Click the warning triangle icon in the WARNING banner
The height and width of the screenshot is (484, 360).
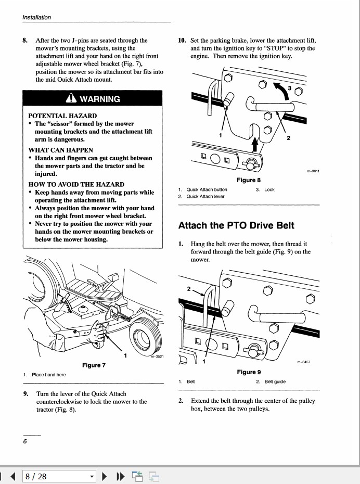pyautogui.click(x=71, y=99)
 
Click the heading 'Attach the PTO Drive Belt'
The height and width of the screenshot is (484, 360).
pyautogui.click(x=236, y=225)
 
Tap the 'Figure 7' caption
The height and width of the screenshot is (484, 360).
pyautogui.click(x=94, y=365)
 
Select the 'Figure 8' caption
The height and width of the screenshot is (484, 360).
pyautogui.click(x=249, y=180)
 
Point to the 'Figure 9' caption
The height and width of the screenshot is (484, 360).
pyautogui.click(x=249, y=372)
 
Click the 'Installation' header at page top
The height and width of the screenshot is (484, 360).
pyautogui.click(x=36, y=17)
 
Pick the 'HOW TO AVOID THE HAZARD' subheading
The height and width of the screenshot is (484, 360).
pyautogui.click(x=76, y=184)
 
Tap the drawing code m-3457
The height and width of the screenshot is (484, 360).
pyautogui.click(x=303, y=362)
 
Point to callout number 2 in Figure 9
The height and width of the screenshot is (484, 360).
pyautogui.click(x=189, y=288)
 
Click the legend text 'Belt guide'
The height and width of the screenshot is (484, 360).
pyautogui.click(x=275, y=381)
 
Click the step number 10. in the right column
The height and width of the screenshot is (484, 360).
pyautogui.click(x=183, y=40)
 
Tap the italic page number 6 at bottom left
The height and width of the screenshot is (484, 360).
pyautogui.click(x=25, y=441)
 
